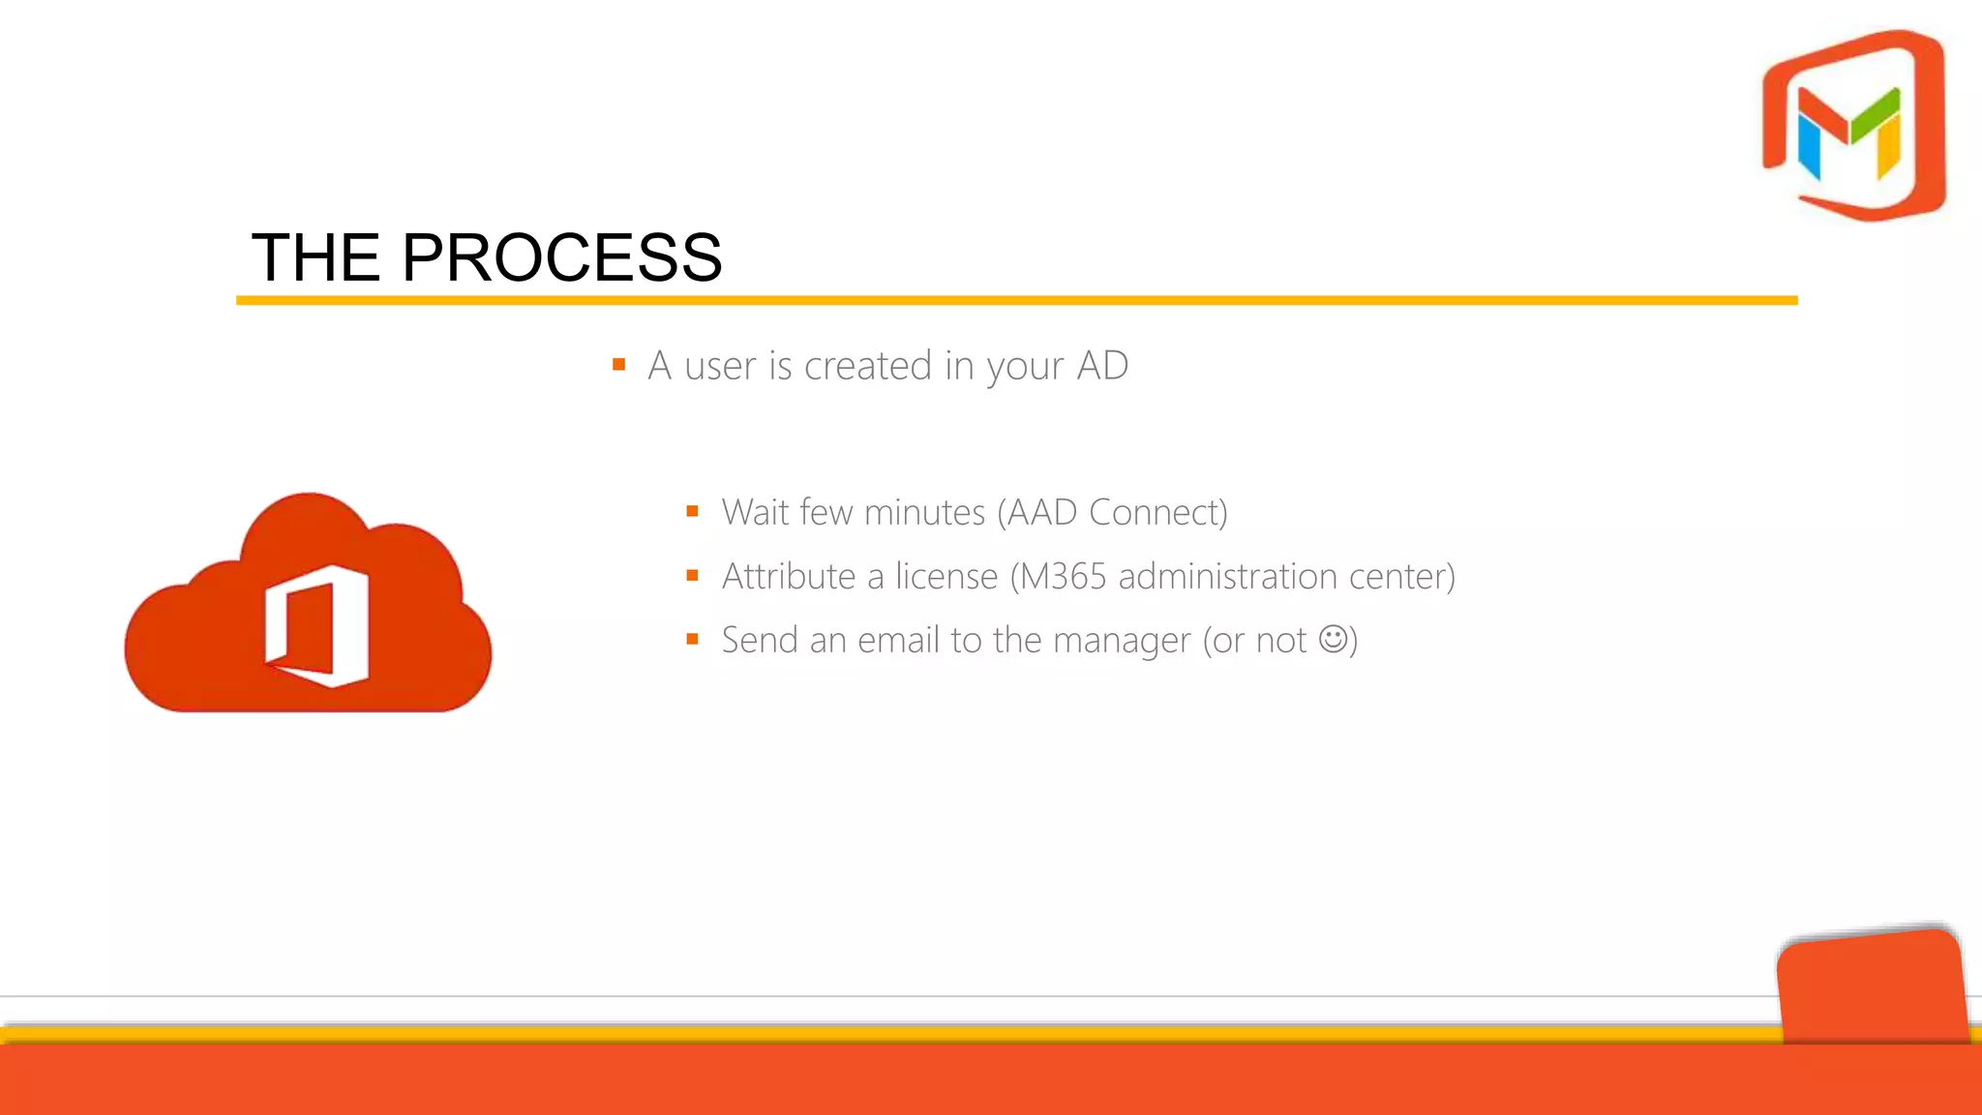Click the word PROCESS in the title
tap(561, 257)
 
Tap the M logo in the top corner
tap(1853, 126)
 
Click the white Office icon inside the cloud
tap(317, 626)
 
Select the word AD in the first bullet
tap(1102, 366)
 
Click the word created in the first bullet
tap(867, 366)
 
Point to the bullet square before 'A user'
tap(619, 365)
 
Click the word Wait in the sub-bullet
tap(757, 512)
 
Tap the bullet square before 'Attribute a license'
tap(692, 576)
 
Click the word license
tap(946, 576)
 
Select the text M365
tap(1064, 576)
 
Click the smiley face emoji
tap(1334, 639)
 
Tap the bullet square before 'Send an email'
tap(692, 640)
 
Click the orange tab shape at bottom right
tap(1873, 987)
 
